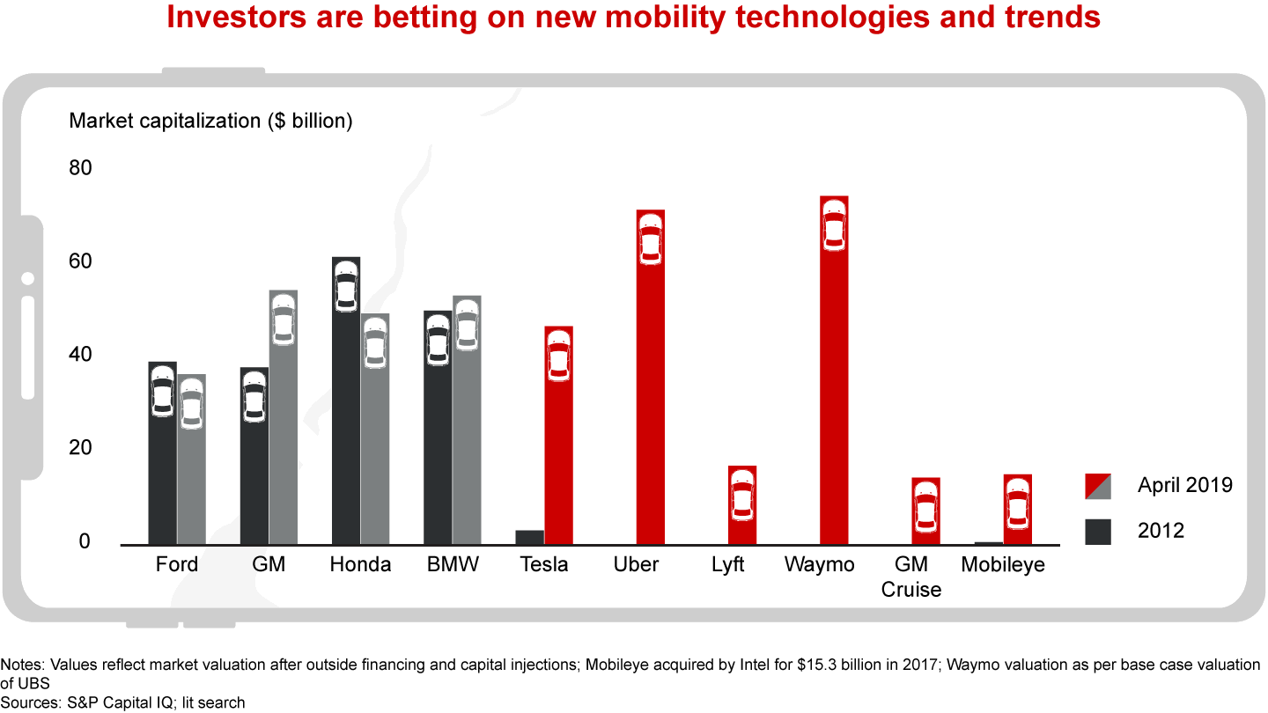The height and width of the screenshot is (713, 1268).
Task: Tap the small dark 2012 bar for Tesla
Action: click(x=529, y=537)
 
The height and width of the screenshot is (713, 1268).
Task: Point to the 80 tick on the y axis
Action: click(x=80, y=167)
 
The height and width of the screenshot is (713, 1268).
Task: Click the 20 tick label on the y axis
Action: click(x=80, y=448)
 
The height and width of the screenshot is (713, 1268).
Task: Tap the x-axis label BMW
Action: click(x=452, y=564)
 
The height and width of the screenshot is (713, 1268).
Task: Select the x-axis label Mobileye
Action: click(x=1003, y=564)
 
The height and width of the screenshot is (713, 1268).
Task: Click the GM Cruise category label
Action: click(x=911, y=577)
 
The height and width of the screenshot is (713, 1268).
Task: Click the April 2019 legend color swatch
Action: click(x=1098, y=485)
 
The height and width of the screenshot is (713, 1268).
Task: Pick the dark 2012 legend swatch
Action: click(x=1098, y=531)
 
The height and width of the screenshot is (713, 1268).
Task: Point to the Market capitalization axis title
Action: click(x=210, y=121)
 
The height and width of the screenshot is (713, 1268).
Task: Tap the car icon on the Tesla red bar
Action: click(x=558, y=356)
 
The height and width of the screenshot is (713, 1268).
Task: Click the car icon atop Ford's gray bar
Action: click(x=191, y=404)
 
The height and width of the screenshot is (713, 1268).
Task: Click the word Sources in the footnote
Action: click(x=27, y=702)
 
